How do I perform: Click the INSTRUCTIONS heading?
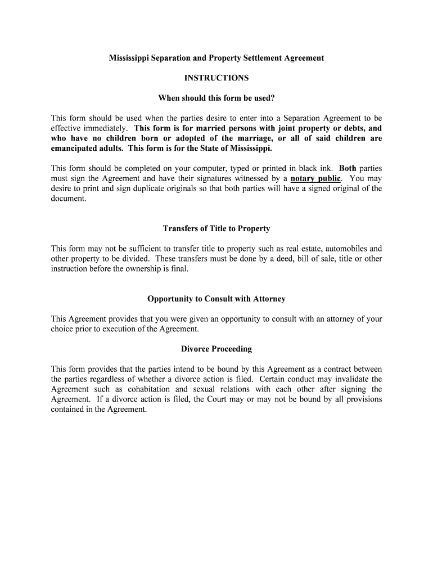click(216, 78)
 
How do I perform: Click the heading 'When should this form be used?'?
click(216, 98)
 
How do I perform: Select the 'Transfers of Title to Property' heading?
click(216, 228)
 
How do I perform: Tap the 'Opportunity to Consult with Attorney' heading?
click(216, 299)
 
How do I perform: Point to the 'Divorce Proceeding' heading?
click(216, 349)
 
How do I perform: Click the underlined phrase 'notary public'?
click(315, 178)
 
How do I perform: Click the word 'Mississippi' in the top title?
click(129, 58)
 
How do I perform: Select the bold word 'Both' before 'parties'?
click(348, 168)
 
